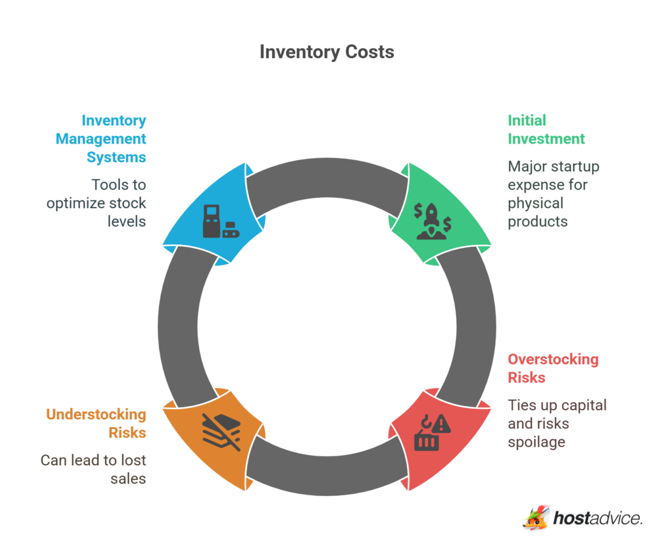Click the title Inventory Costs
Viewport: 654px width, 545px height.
[326, 52]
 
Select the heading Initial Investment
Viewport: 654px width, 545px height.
[546, 130]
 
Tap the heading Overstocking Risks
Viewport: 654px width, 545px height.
[553, 368]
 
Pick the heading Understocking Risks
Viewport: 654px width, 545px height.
[96, 423]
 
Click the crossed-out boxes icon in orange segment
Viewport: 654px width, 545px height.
[221, 431]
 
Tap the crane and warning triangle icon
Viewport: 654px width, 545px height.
[432, 432]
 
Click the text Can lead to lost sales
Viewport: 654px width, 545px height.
[93, 468]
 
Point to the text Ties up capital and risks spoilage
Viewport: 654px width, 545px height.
[556, 423]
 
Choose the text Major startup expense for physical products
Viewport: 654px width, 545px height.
[553, 194]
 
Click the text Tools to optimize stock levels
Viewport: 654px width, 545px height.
[96, 203]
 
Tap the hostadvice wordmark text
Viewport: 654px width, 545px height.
[598, 518]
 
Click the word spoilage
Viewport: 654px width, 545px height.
[536, 442]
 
